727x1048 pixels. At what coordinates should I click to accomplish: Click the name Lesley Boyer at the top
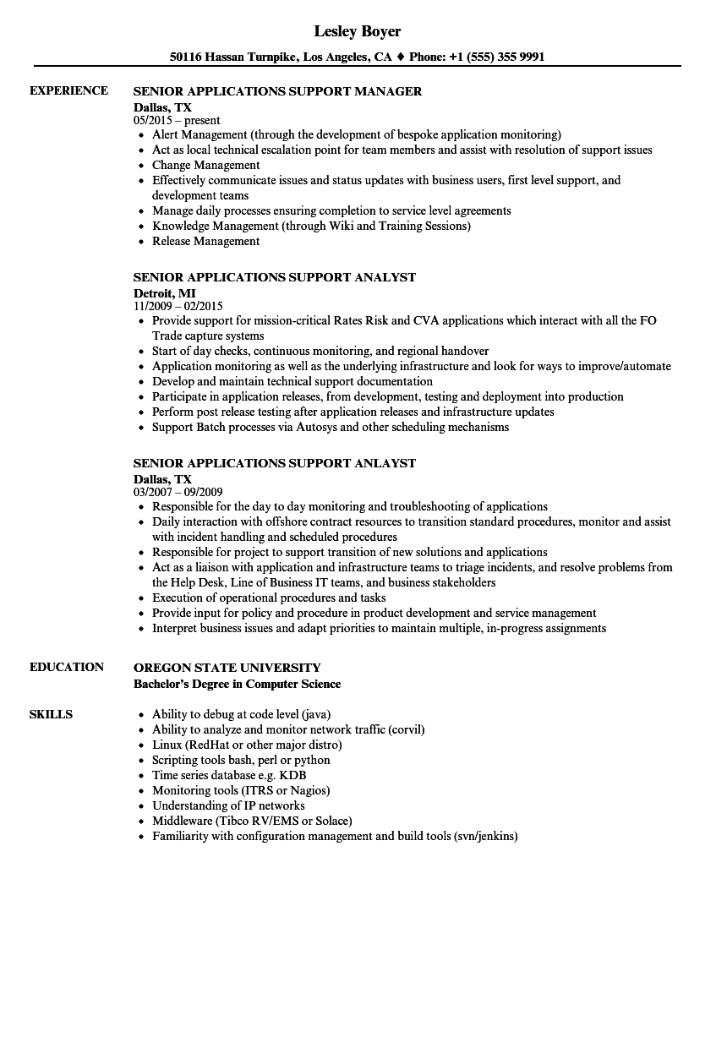tap(358, 31)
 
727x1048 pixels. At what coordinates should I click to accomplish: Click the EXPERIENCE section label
tap(68, 90)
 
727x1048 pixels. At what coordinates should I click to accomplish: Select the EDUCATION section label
tap(67, 667)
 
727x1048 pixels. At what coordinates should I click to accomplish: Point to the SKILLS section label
tap(51, 714)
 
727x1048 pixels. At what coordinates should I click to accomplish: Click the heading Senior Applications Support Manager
tap(277, 91)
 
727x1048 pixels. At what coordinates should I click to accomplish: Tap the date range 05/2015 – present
tap(177, 121)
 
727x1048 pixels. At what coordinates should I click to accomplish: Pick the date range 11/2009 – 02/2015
tap(178, 306)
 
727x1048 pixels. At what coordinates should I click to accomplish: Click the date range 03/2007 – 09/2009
tap(178, 492)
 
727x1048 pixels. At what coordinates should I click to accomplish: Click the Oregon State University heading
tap(227, 668)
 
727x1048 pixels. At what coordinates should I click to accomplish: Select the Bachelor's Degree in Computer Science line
tap(238, 684)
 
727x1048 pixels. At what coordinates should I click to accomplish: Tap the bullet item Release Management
tap(205, 241)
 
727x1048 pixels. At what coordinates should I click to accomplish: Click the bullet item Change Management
tap(205, 165)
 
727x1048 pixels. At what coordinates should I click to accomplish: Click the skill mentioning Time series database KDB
tap(229, 775)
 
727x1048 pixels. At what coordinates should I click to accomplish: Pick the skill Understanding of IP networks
tap(228, 805)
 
